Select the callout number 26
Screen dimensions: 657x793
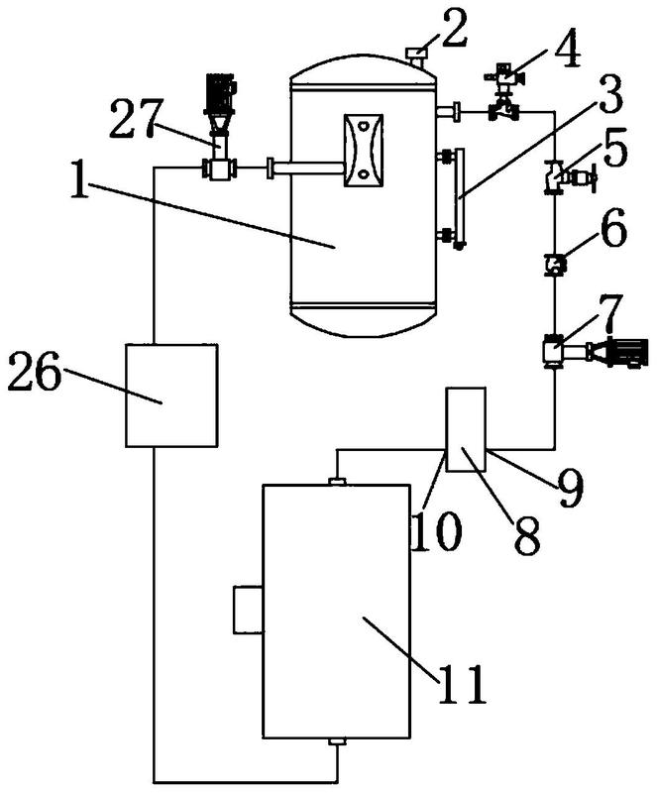(35, 377)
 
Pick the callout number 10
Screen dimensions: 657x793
(437, 531)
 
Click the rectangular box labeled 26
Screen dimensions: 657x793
(172, 395)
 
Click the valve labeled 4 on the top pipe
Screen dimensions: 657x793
(503, 92)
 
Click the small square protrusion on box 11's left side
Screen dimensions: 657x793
(249, 609)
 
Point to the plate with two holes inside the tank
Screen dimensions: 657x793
(363, 151)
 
